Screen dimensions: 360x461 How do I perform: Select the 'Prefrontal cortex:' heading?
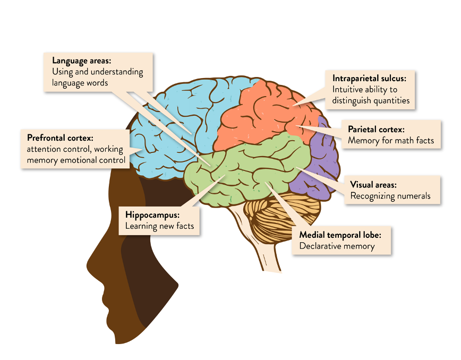[x=60, y=138]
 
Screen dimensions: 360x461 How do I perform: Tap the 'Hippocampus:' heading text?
[x=153, y=215]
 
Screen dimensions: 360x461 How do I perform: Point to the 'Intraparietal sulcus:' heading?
[x=369, y=78]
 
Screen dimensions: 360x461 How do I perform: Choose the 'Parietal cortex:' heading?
[x=376, y=129]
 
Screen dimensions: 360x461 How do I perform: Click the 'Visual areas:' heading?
[x=373, y=185]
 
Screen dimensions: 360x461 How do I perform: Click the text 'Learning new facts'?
[x=159, y=226]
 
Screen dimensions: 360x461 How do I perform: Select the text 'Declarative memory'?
[x=337, y=246]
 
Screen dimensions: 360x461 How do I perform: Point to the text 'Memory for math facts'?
[x=391, y=141]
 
